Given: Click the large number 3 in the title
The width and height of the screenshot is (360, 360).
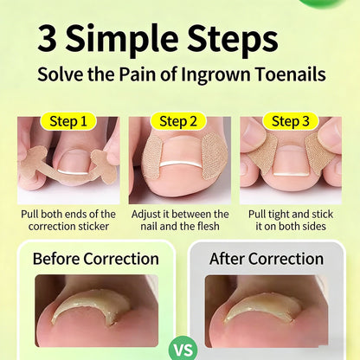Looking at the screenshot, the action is click(x=47, y=38).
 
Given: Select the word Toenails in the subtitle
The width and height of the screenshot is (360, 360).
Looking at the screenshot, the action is click(x=291, y=74).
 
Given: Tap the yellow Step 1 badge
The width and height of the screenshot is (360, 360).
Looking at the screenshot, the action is click(x=68, y=121).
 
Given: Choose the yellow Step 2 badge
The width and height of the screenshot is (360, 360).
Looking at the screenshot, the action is click(x=178, y=121).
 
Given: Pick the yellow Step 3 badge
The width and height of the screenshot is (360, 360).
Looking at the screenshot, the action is click(x=291, y=121).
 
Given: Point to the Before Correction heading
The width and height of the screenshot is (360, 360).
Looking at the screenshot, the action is click(x=96, y=259).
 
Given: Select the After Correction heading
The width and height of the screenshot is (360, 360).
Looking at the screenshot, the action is click(x=267, y=259).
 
